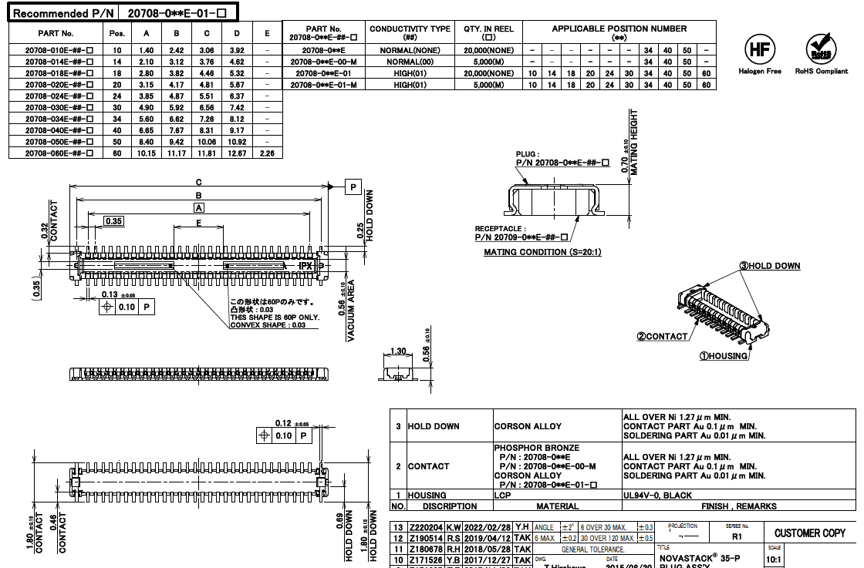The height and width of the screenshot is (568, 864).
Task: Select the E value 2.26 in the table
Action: (267, 153)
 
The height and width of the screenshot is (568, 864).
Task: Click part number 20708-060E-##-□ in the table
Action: (59, 153)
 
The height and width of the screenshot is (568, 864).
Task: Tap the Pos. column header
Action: (117, 34)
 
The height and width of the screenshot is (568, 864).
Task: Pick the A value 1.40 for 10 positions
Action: (147, 50)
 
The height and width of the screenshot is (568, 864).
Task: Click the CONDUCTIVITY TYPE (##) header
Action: (410, 32)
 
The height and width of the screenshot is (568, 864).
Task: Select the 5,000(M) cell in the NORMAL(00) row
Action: (488, 62)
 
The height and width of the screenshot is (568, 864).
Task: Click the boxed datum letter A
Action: (199, 208)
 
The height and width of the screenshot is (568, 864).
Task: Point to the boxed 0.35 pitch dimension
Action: (113, 221)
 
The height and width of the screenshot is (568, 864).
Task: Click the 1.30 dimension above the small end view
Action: (398, 351)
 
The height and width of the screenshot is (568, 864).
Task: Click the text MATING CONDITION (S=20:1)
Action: (542, 252)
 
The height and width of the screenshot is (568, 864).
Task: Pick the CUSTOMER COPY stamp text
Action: (809, 533)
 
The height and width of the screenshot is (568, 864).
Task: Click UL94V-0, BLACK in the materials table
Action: (658, 496)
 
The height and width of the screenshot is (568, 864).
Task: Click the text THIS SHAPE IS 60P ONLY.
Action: (274, 318)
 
